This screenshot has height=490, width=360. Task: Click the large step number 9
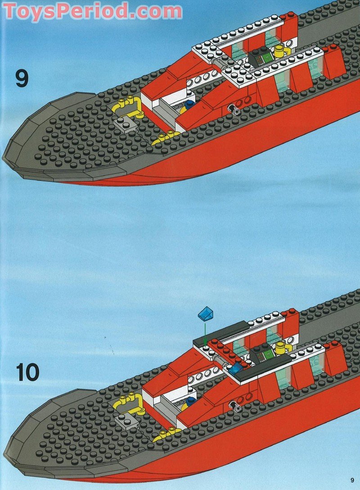pyautogui.click(x=22, y=78)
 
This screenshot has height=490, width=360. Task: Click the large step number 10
pyautogui.click(x=27, y=372)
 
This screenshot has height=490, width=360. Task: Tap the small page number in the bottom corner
pyautogui.click(x=352, y=479)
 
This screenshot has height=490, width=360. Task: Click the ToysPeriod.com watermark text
pyautogui.click(x=93, y=11)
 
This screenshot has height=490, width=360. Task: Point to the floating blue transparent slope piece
pyautogui.click(x=206, y=314)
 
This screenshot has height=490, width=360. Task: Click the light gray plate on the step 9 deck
pyautogui.click(x=124, y=124)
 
